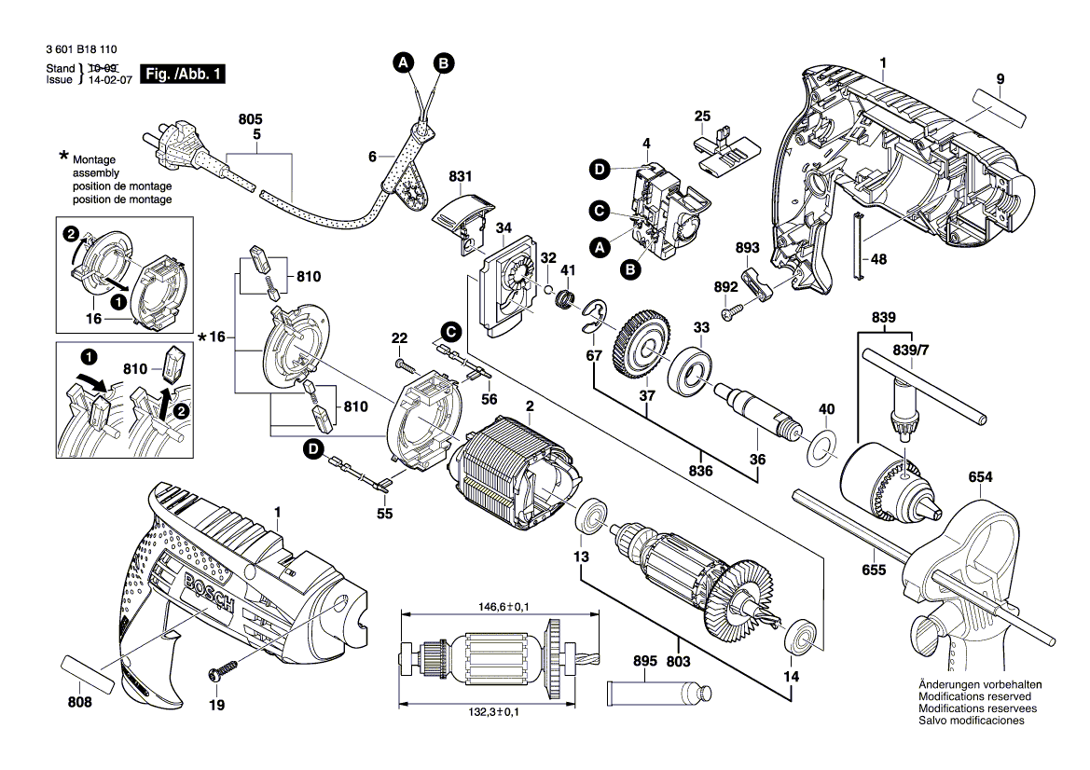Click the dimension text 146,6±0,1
pyautogui.click(x=496, y=607)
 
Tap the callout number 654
pyautogui.click(x=980, y=477)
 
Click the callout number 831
pyautogui.click(x=461, y=176)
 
